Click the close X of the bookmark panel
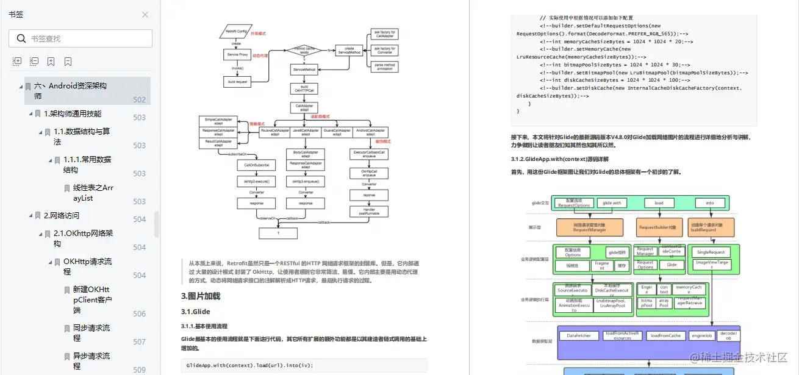(145, 15)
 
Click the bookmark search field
(85, 38)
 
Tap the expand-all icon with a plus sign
(17, 62)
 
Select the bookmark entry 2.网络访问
(61, 215)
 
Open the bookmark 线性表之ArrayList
(93, 193)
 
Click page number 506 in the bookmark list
(139, 313)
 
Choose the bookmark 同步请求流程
(91, 332)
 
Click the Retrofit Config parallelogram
(237, 31)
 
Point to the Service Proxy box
(237, 55)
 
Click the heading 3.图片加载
(200, 296)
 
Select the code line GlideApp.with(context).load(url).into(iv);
(250, 365)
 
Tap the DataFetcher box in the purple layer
(579, 335)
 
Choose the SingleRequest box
(711, 252)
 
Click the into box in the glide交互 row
(710, 203)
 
